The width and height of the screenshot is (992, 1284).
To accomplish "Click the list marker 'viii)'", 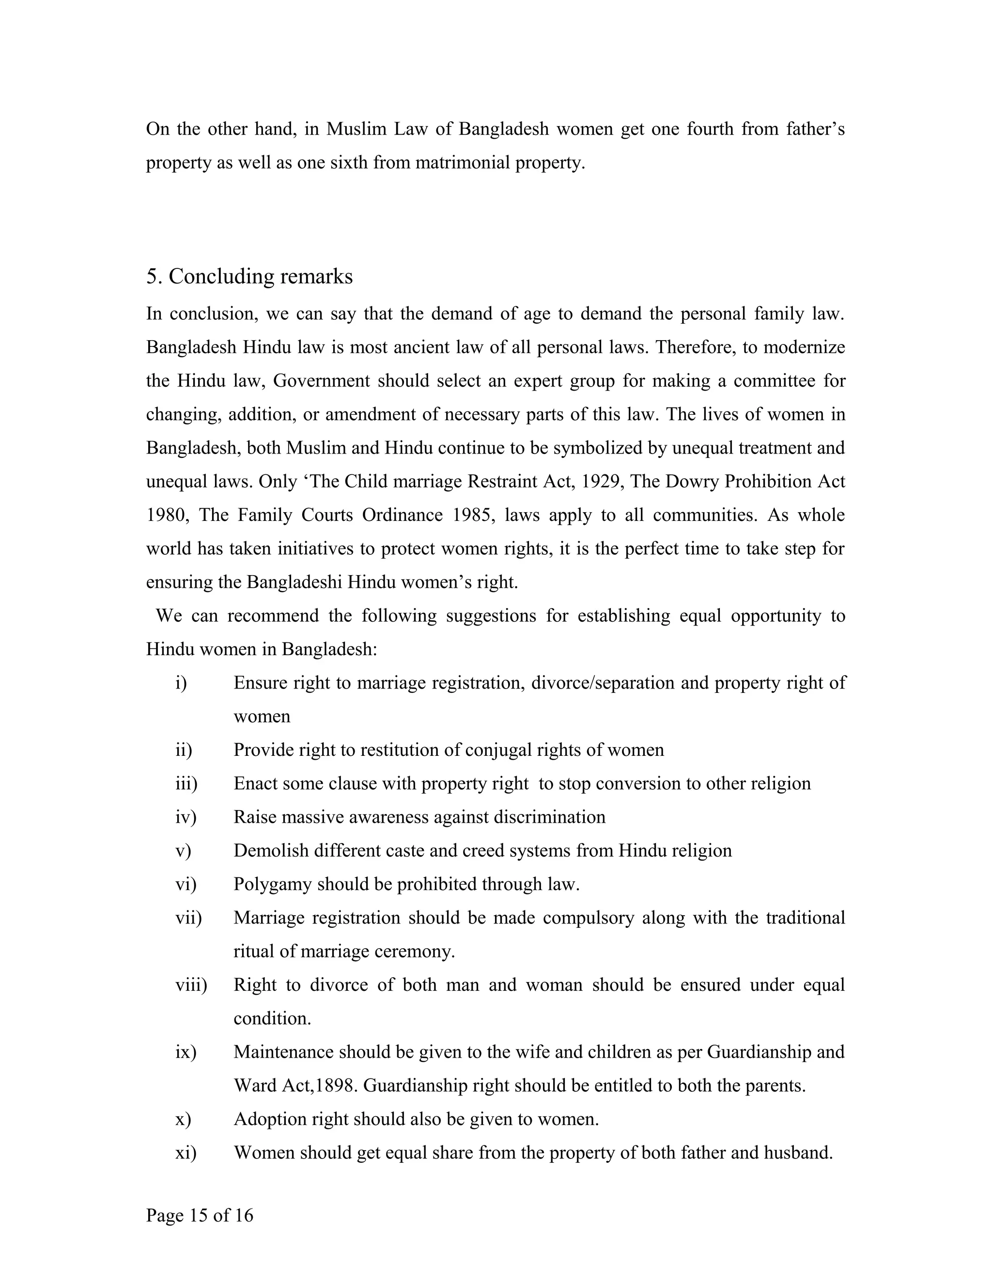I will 191,985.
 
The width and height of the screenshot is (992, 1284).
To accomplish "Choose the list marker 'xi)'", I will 186,1152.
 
